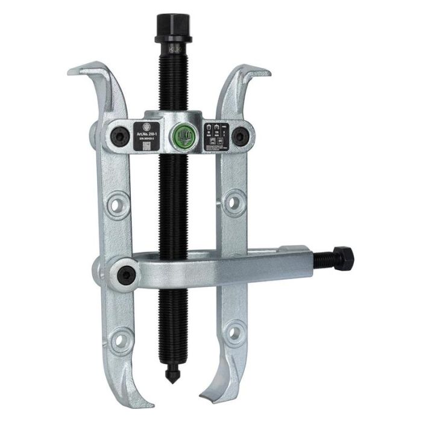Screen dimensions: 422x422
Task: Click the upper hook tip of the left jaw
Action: (71, 71)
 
